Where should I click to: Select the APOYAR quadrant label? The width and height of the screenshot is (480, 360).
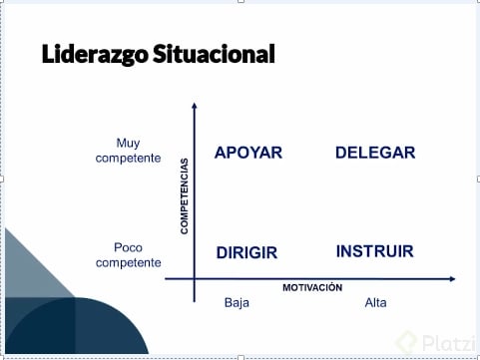point(248,153)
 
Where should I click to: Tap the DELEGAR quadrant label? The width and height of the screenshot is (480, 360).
point(375,153)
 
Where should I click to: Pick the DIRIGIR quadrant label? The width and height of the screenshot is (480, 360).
point(246,253)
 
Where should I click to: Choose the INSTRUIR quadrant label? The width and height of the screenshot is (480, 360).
point(374,251)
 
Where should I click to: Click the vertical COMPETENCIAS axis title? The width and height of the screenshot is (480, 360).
point(185,195)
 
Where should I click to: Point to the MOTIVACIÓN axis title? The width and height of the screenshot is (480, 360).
point(312,287)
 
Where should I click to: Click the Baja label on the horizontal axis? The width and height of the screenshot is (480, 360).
point(237,302)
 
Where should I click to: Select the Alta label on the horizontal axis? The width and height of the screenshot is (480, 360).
point(376,302)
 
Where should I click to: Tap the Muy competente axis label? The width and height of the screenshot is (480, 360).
point(128,150)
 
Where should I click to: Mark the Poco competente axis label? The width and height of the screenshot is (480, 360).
point(128,254)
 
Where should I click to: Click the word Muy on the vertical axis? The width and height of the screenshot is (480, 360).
point(129,142)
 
